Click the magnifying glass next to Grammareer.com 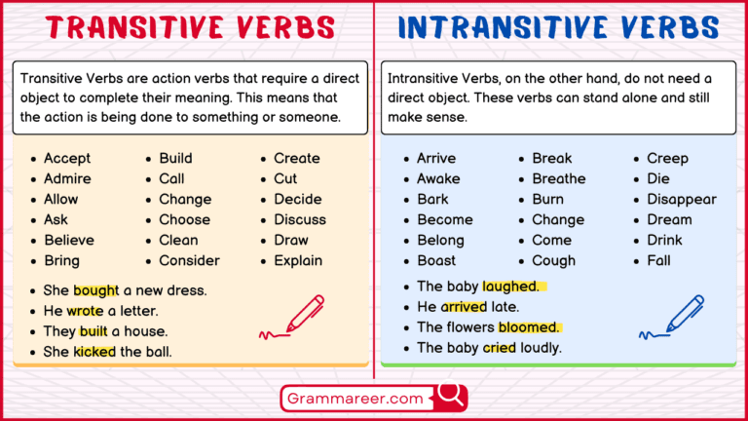449,395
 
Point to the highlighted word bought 95,290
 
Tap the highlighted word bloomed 529,327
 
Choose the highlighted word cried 499,348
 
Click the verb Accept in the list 66,158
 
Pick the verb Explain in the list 299,260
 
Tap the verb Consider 189,260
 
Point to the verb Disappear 681,199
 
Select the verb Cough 553,260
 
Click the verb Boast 437,260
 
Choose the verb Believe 69,240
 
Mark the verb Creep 667,158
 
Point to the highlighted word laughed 509,287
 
